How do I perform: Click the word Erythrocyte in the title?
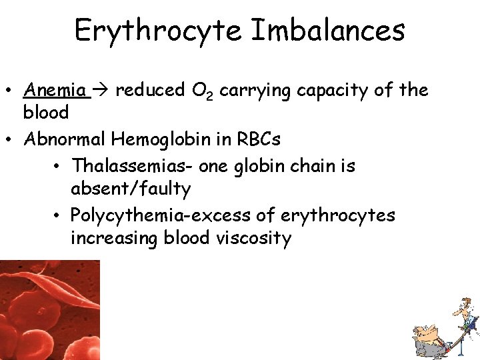[x=159, y=31]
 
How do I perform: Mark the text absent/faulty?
[x=131, y=189]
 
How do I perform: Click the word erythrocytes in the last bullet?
[x=339, y=215]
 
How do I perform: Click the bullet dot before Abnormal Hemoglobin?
[x=12, y=140]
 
